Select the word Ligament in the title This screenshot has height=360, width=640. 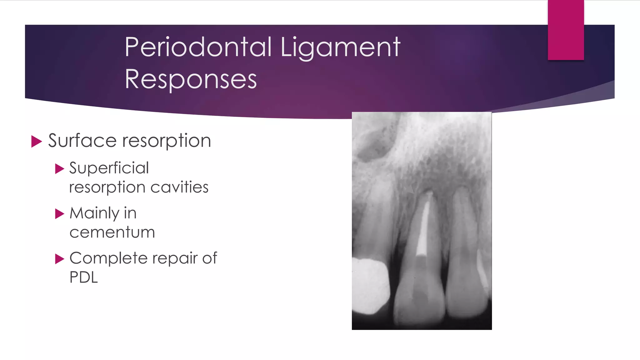click(340, 47)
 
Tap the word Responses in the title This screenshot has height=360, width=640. click(191, 79)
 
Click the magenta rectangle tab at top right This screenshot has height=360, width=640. click(566, 30)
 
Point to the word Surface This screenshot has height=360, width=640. click(82, 140)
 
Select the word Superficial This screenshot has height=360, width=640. click(109, 168)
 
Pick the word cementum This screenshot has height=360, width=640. click(112, 232)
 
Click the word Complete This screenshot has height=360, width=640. click(108, 258)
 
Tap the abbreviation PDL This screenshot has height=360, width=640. click(83, 277)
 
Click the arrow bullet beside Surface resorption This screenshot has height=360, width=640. click(37, 141)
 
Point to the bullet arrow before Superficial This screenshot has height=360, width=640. click(59, 169)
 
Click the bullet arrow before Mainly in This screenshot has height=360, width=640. click(59, 214)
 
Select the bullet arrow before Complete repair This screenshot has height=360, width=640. click(59, 259)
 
